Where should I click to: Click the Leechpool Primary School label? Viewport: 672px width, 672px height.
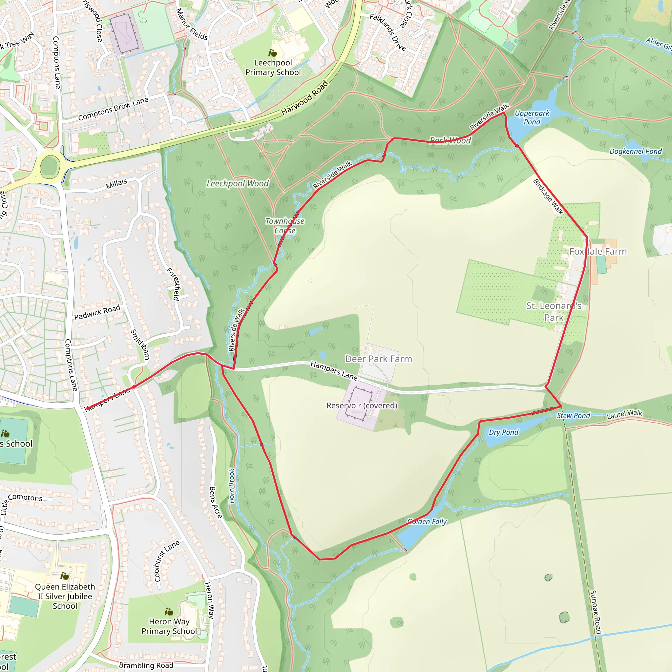pyautogui.click(x=273, y=68)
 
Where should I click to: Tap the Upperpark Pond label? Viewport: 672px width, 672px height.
pyautogui.click(x=532, y=117)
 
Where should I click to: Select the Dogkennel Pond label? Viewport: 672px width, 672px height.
pyautogui.click(x=636, y=151)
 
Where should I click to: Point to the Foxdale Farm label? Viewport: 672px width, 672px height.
pyautogui.click(x=598, y=251)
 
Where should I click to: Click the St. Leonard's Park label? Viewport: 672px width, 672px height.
pyautogui.click(x=554, y=312)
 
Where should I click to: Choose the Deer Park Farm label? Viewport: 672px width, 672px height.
pyautogui.click(x=378, y=359)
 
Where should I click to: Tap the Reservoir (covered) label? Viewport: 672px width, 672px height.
pyautogui.click(x=362, y=406)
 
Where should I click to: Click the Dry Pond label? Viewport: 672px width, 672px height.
pyautogui.click(x=503, y=432)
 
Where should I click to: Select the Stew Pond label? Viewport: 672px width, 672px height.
pyautogui.click(x=573, y=416)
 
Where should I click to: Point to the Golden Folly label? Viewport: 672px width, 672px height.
pyautogui.click(x=427, y=522)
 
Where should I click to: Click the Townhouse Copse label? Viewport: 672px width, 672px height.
pyautogui.click(x=285, y=226)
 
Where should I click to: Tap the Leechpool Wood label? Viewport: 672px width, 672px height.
pyautogui.click(x=238, y=183)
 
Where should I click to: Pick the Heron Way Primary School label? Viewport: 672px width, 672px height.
pyautogui.click(x=169, y=626)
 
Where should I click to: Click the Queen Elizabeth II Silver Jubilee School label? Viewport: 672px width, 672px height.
pyautogui.click(x=65, y=596)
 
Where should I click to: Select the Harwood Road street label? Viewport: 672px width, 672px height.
pyautogui.click(x=305, y=98)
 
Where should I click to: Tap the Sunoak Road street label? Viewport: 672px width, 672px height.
pyautogui.click(x=596, y=612)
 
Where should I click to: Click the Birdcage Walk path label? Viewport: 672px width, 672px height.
pyautogui.click(x=548, y=197)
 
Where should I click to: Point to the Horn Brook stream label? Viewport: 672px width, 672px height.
pyautogui.click(x=232, y=486)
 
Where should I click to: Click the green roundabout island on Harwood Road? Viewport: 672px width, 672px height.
pyautogui.click(x=50, y=167)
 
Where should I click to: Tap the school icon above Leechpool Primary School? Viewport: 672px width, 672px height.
pyautogui.click(x=273, y=53)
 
